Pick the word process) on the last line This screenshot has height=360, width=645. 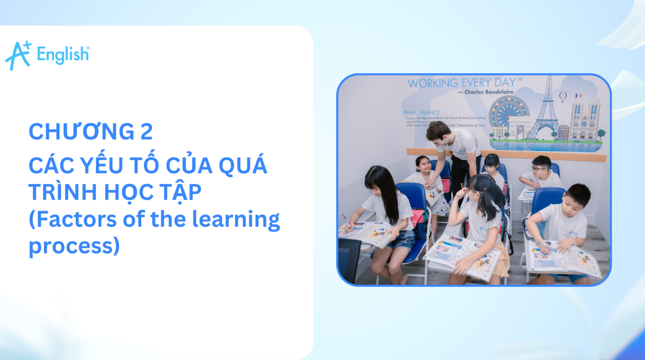point(74,246)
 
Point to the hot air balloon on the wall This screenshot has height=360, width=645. point(562,96)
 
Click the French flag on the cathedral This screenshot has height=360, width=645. point(578,96)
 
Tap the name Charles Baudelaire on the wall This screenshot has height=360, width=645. point(488,92)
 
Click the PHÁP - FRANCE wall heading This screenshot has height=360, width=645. point(422,112)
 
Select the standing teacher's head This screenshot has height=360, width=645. point(438,132)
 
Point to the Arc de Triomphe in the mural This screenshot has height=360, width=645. point(518,127)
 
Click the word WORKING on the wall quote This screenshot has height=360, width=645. point(433,84)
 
